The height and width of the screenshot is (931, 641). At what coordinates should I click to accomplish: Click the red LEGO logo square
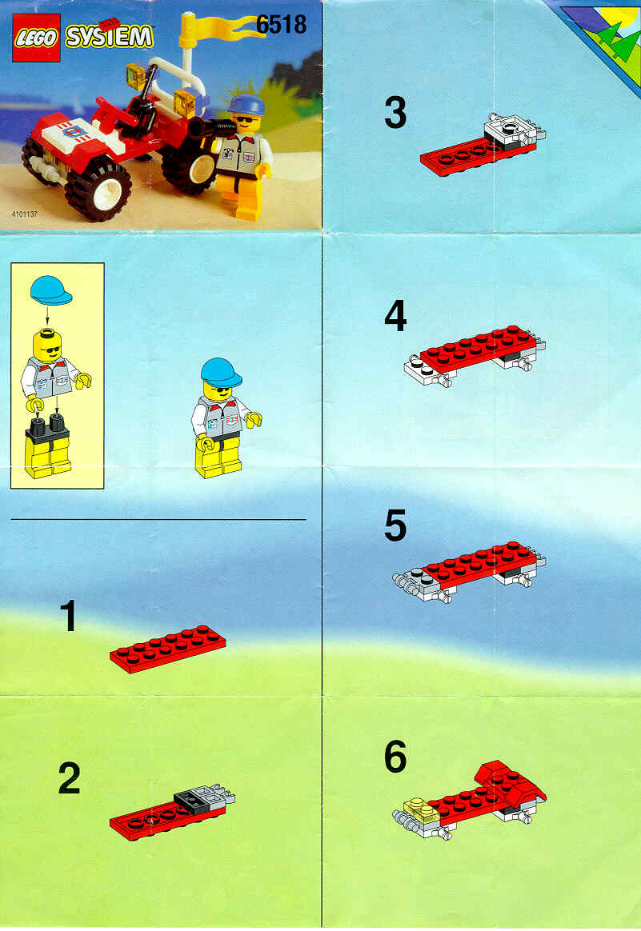[36, 38]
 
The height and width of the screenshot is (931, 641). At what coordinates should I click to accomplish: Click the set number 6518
[281, 24]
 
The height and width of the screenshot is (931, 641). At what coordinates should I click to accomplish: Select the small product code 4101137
[24, 214]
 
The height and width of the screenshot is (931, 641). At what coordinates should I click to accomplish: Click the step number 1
[70, 616]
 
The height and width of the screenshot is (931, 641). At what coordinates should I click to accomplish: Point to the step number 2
[70, 778]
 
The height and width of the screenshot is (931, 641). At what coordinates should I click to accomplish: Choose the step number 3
[395, 112]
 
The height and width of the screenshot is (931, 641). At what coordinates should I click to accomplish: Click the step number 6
[395, 757]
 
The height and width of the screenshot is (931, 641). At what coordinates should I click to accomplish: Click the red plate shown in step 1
[168, 649]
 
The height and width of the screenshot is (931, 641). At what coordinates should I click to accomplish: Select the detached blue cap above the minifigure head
[50, 290]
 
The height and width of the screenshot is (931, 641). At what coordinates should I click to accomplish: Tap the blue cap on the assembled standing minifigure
[221, 372]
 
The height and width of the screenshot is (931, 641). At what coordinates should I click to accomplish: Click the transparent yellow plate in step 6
[422, 809]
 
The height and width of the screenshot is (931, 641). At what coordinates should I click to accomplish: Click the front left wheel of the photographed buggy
[98, 191]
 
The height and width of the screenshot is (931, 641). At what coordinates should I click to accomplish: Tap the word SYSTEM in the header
[110, 38]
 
